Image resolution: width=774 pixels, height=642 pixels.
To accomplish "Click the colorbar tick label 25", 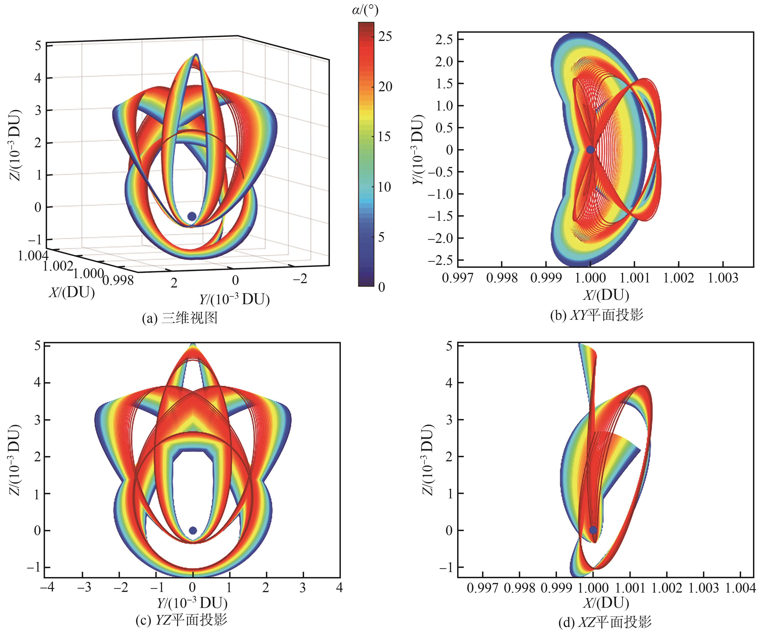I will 385,37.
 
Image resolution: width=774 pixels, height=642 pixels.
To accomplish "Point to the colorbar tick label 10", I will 385,187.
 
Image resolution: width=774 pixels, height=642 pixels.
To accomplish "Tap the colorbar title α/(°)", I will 365,10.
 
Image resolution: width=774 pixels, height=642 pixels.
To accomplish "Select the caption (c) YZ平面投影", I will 181,620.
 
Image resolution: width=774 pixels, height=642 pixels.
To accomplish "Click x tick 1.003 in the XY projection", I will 723,278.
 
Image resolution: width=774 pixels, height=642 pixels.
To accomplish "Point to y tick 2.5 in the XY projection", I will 444,40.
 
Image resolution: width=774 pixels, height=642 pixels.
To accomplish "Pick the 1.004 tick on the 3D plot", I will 33,255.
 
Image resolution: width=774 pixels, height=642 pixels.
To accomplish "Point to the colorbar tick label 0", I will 382,287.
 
